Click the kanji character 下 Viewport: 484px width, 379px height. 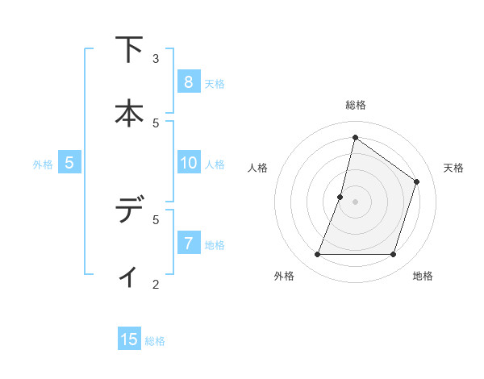tap(128, 50)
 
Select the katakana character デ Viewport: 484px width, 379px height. tap(128, 211)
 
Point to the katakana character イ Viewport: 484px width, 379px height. tap(128, 276)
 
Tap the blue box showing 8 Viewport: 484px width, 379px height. tap(188, 81)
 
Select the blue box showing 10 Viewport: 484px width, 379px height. tap(188, 163)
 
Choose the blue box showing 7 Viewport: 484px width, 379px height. tap(188, 243)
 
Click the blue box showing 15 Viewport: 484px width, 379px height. tap(129, 339)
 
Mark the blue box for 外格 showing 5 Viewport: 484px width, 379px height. tap(69, 163)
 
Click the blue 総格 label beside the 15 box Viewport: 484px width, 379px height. tap(155, 341)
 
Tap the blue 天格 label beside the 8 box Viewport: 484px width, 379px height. tap(215, 83)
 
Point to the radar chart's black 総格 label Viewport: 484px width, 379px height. tap(355, 105)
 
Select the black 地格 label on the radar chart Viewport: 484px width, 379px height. tap(423, 276)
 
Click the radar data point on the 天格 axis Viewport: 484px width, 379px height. tap(417, 181)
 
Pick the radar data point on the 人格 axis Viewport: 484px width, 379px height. tap(340, 197)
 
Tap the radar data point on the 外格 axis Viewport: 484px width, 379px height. tap(317, 254)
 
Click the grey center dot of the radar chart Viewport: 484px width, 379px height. tap(355, 202)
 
